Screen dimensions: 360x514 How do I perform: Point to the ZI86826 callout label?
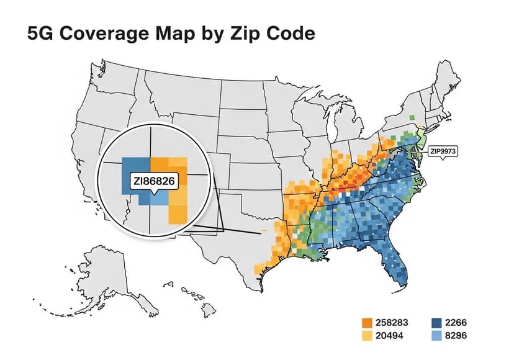coord(152,181)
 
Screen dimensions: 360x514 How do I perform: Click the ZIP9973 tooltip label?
coord(442,151)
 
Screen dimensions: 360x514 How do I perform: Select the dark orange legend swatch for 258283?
coord(367,323)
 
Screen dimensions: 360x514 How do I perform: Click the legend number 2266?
coord(456,323)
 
